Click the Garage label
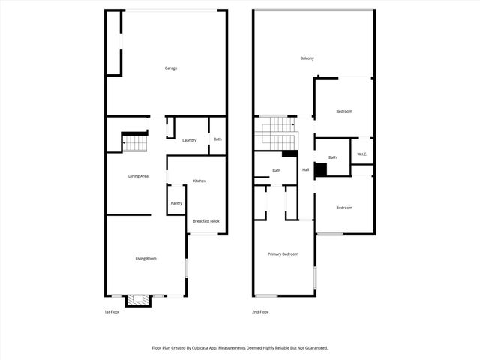[171, 68]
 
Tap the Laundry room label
[189, 140]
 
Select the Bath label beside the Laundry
[217, 139]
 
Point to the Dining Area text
[138, 176]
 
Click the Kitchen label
[199, 181]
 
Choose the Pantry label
[176, 203]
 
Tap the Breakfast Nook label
[205, 221]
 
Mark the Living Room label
[145, 259]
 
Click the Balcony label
[307, 59]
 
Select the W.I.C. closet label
[361, 155]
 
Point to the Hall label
[306, 170]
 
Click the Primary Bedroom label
[283, 254]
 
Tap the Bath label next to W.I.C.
[332, 157]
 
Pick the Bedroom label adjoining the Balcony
[344, 112]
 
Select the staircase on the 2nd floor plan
[274, 133]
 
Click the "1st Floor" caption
[112, 312]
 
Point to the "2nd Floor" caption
[260, 312]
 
